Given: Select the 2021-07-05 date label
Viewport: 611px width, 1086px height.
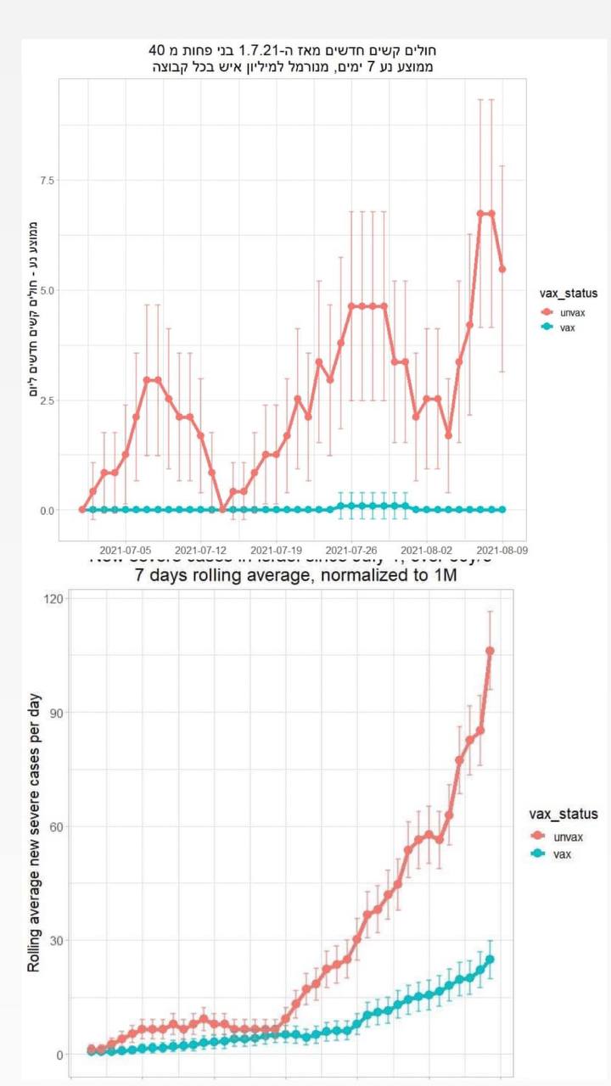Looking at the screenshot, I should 126,550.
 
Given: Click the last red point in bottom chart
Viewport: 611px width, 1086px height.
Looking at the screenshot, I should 490,651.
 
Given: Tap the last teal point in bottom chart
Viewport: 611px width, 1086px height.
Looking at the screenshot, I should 490,960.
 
